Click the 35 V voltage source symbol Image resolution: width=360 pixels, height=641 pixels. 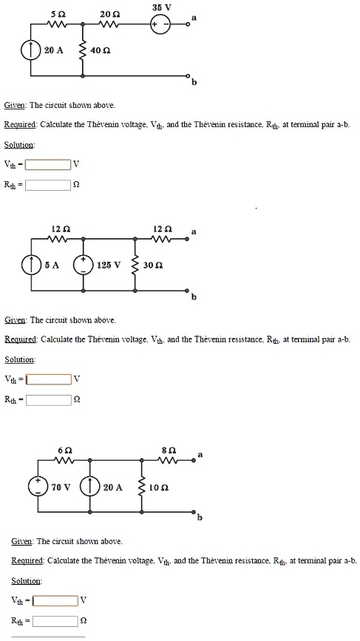pyautogui.click(x=161, y=24)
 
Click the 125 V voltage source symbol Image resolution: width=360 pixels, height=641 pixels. pyautogui.click(x=83, y=265)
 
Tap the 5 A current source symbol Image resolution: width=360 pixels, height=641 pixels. pyautogui.click(x=31, y=265)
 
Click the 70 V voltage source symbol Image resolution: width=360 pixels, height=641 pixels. pyautogui.click(x=38, y=487)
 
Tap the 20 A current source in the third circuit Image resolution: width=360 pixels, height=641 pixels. pyautogui.click(x=92, y=487)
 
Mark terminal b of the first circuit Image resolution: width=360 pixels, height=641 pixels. pyautogui.click(x=188, y=76)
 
